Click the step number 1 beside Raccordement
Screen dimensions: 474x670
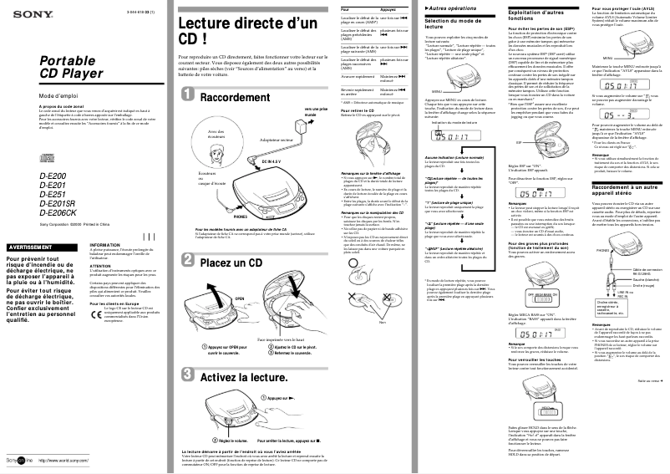[x=188, y=97]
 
